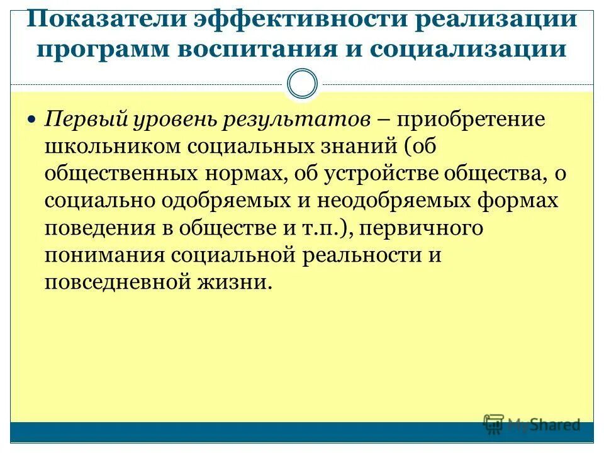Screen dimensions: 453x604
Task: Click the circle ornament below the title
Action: pyautogui.click(x=303, y=84)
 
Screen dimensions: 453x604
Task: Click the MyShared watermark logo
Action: pyautogui.click(x=532, y=425)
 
